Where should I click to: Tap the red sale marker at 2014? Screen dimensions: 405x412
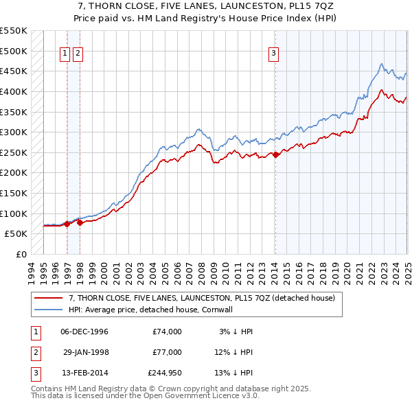tap(275, 155)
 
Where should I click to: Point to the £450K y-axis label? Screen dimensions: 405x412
tap(14, 71)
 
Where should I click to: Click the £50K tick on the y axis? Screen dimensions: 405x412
tap(16, 233)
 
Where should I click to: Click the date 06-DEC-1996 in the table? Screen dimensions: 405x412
tap(84, 332)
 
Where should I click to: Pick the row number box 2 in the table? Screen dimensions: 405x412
tap(33, 351)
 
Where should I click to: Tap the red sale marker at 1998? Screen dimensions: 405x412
tap(80, 222)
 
